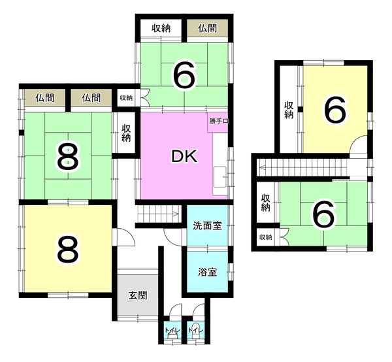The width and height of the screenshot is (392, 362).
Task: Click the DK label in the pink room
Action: click(x=184, y=156)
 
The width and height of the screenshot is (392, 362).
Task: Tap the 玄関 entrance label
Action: click(x=138, y=295)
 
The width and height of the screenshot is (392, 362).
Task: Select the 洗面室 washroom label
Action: click(x=208, y=225)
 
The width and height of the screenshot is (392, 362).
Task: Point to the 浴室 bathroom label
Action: click(x=208, y=272)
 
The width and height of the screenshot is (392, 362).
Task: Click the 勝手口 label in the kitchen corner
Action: click(x=218, y=122)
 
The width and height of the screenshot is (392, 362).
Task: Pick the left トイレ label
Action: click(x=172, y=330)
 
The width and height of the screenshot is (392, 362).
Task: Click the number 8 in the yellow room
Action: click(x=68, y=250)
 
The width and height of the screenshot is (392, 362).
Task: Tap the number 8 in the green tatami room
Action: click(x=68, y=157)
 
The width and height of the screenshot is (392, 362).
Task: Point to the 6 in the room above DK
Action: click(x=184, y=76)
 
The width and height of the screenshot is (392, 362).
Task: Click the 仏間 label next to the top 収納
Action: click(x=207, y=28)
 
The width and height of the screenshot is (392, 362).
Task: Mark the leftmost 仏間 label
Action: click(x=44, y=98)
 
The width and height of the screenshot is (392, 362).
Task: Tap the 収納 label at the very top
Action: click(x=161, y=28)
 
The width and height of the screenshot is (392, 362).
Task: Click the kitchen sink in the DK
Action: click(x=220, y=176)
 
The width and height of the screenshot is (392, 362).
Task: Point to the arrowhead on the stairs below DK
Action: click(x=176, y=214)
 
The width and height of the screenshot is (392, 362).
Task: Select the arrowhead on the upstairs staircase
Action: click(x=263, y=167)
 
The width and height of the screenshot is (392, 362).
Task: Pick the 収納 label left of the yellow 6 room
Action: click(x=289, y=110)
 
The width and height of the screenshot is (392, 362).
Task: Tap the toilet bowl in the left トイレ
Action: click(x=172, y=337)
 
